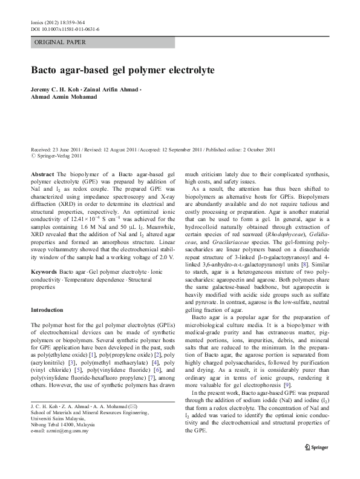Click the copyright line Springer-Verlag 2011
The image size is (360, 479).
(x=53, y=156)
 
